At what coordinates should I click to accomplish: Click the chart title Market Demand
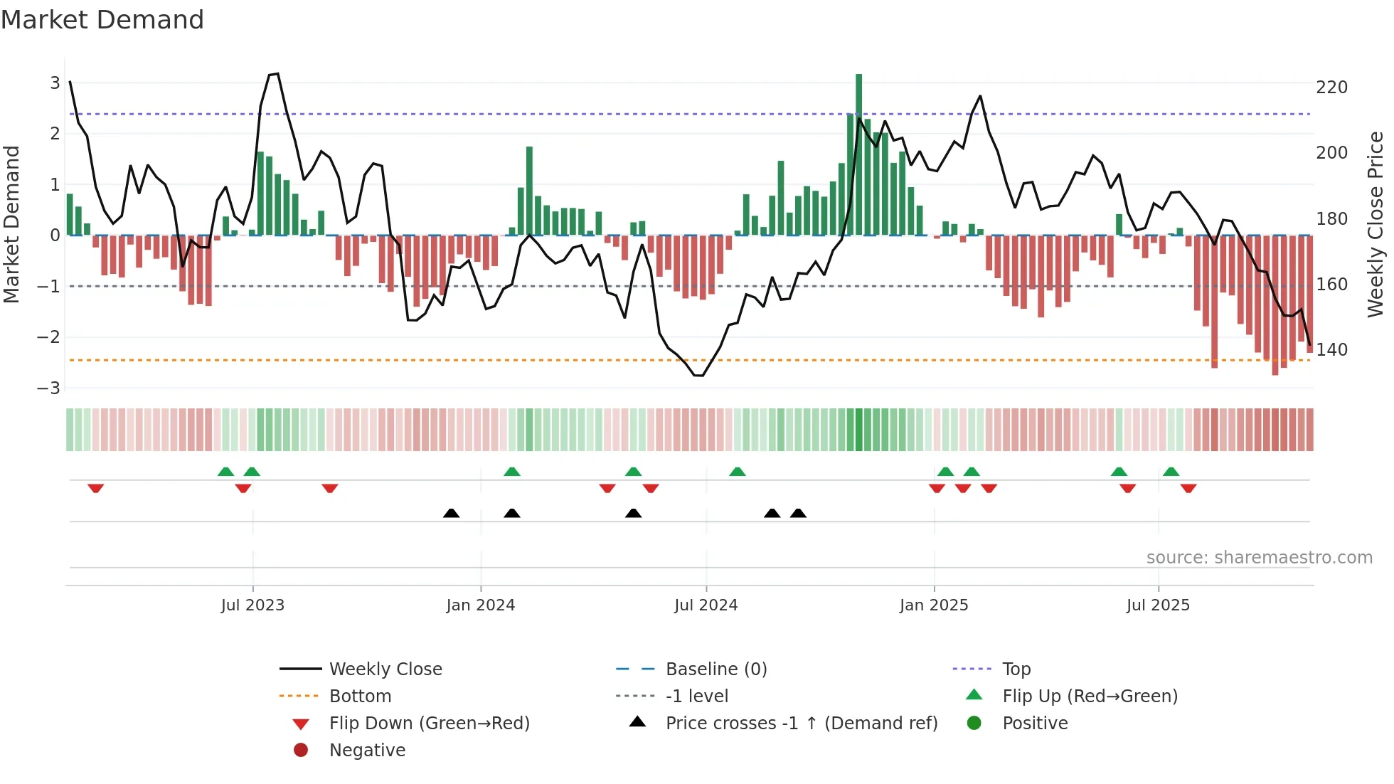tap(102, 20)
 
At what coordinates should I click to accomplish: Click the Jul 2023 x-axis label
tap(252, 605)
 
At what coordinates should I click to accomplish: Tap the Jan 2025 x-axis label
tap(933, 605)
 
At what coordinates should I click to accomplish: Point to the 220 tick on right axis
tap(1331, 88)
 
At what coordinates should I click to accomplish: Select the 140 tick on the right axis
tap(1331, 350)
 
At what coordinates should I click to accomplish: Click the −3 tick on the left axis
tap(48, 388)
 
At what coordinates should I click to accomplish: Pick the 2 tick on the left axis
tap(55, 134)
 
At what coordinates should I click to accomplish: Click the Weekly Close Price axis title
tap(1376, 224)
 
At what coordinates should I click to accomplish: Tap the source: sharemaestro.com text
tap(1259, 558)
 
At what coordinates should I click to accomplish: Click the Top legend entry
tap(1016, 669)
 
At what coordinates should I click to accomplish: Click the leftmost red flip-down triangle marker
tap(96, 488)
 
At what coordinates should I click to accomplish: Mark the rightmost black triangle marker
tap(798, 513)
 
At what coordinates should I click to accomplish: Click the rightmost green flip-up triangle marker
tap(1171, 472)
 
